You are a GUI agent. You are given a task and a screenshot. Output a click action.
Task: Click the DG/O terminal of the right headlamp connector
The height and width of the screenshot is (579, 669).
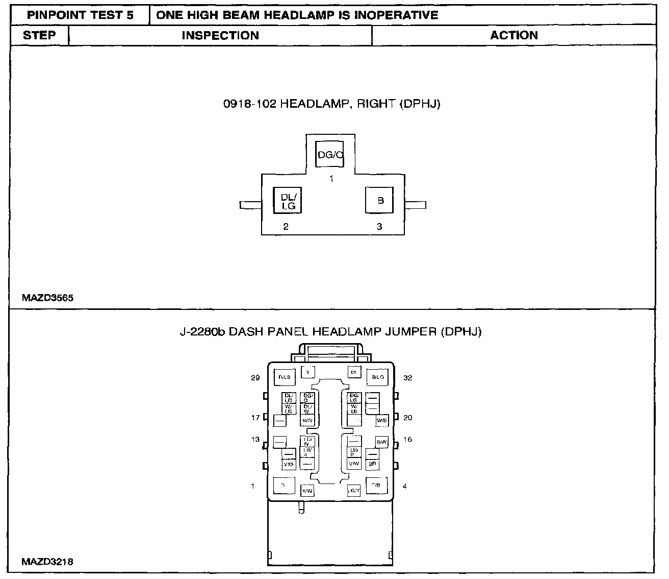coord(329,154)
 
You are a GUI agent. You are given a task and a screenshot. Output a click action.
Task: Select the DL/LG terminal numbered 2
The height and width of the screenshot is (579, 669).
coord(288,201)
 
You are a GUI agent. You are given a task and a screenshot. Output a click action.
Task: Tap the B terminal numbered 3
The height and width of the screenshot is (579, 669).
coord(379,201)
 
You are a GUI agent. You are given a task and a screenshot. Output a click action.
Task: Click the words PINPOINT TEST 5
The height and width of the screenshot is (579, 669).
coord(80,15)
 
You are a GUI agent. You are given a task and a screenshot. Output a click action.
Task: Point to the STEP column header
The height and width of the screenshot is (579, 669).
coord(39,35)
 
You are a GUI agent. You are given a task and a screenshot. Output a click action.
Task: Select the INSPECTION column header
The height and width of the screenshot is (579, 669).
coord(220,35)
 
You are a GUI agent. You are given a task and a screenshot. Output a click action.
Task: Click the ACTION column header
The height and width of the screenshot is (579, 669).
coord(514,35)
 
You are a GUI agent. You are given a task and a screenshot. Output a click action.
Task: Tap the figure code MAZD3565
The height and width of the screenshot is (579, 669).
coord(47,298)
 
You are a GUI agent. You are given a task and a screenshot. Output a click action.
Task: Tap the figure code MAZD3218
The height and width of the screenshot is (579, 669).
coord(47,562)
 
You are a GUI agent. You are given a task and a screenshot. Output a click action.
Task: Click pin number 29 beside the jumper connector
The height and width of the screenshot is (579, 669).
coord(255,378)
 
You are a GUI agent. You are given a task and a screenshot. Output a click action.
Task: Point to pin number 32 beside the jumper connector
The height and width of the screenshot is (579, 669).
coord(407,378)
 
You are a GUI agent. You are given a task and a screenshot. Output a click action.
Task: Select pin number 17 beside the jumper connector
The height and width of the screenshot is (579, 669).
coord(255,418)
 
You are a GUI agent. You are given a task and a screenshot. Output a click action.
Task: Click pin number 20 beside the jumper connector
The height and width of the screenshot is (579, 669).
coord(407,418)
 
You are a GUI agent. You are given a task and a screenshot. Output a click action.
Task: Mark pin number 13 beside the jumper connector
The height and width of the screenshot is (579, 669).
coord(255,440)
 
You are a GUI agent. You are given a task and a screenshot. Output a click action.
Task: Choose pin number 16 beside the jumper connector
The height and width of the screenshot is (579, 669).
coord(407,440)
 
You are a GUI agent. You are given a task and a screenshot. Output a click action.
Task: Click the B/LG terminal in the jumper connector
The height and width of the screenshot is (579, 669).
coord(377,377)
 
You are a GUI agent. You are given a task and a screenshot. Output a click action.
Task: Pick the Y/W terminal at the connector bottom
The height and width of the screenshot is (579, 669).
coord(307,491)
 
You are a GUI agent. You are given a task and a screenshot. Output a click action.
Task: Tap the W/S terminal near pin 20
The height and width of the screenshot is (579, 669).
coord(381,420)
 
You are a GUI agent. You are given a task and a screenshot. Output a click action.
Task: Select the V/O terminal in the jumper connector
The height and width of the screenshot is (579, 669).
coord(288,464)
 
